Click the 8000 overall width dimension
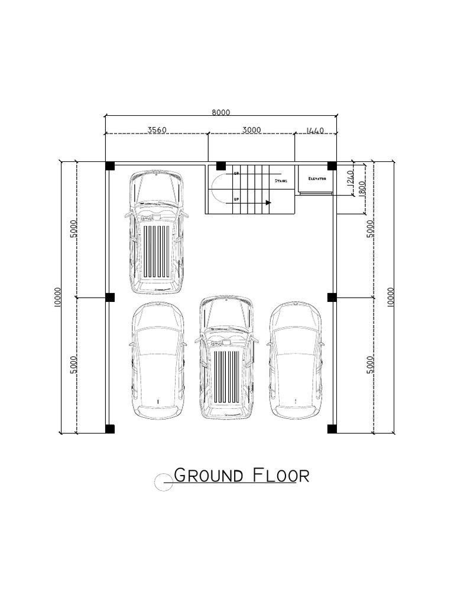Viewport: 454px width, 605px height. coord(220,112)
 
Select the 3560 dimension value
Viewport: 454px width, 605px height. coord(155,130)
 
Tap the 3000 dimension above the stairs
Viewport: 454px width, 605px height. coord(251,130)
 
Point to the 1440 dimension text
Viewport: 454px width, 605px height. coord(316,130)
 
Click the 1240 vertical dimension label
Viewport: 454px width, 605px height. coord(350,177)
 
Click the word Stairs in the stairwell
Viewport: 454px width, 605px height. coord(281,181)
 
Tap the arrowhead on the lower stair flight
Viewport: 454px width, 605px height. coord(268,203)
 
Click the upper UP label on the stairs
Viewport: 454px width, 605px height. coord(236,174)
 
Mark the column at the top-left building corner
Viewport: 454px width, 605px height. coord(110,165)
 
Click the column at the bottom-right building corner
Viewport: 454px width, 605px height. coord(332,429)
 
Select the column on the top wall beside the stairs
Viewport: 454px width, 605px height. coord(220,165)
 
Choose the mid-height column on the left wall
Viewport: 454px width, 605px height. coord(110,297)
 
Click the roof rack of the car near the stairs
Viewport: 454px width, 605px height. coord(156,251)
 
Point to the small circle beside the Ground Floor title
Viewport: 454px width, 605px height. coord(163,483)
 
